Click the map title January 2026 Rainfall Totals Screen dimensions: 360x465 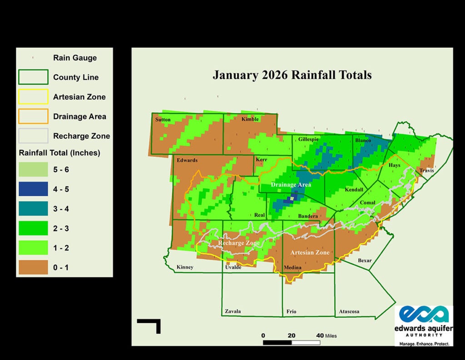(x=292, y=74)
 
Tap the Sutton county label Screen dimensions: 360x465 (x=163, y=120)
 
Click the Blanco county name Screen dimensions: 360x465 (x=363, y=141)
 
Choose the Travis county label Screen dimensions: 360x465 (x=426, y=171)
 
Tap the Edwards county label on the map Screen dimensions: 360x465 (x=187, y=160)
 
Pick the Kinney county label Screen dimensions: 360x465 (x=185, y=267)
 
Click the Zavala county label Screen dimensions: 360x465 (x=233, y=311)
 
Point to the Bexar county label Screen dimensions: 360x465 (x=365, y=261)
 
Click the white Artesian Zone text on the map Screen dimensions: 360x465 (x=309, y=252)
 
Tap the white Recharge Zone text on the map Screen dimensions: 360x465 (x=239, y=243)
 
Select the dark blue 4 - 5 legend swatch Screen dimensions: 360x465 (x=33, y=189)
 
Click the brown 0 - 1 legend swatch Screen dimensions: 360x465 (x=33, y=267)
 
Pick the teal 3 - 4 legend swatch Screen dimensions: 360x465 (x=33, y=208)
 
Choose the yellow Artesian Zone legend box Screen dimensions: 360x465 (x=33, y=97)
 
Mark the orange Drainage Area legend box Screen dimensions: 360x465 (x=33, y=116)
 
